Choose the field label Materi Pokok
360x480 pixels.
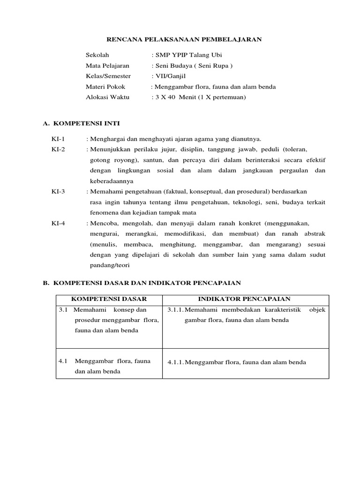pos(105,87)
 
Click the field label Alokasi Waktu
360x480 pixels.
pos(107,97)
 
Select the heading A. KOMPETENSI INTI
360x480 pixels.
pos(81,123)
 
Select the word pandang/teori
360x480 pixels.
pos(110,265)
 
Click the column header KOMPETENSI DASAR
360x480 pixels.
pos(109,299)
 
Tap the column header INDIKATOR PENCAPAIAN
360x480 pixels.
pos(245,299)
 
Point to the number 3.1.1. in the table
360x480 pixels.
pos(176,310)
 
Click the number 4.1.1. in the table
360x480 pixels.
pos(176,362)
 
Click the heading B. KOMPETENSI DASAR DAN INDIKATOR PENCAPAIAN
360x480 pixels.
pos(142,283)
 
